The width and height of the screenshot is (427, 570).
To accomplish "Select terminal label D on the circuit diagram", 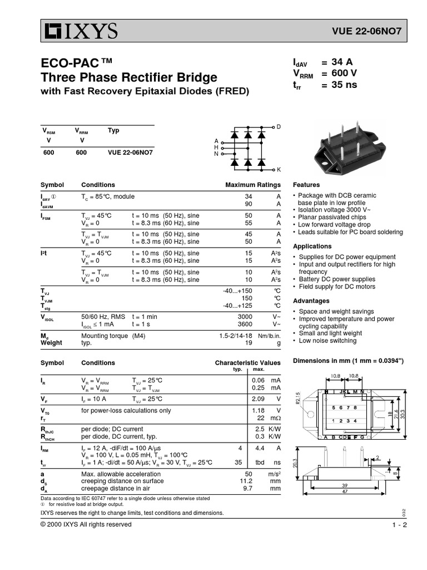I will (279, 127).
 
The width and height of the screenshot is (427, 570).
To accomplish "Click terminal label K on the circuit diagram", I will (279, 169).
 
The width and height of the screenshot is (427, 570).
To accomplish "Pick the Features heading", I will (306, 185).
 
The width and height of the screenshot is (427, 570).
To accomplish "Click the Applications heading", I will (312, 246).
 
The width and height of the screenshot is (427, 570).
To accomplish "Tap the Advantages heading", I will (311, 301).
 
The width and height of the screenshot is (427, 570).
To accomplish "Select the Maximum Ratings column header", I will (253, 185).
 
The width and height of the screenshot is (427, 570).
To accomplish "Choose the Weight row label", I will (52, 343).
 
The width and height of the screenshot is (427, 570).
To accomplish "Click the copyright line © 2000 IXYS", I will (86, 524).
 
